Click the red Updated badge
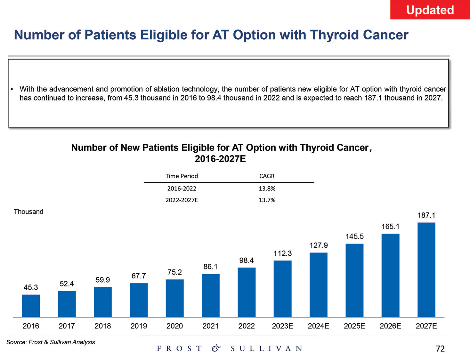[430, 10]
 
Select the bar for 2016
[31, 306]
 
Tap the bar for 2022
[247, 292]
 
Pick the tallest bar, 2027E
[426, 270]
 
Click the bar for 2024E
[319, 285]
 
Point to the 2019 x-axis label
[139, 326]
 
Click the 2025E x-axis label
[354, 326]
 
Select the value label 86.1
[210, 267]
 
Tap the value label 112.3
[282, 253]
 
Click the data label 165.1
[390, 227]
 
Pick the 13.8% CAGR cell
[267, 188]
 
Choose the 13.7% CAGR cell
[267, 200]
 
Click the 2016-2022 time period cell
[182, 188]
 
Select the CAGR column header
[267, 176]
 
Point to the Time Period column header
[182, 176]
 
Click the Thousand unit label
[28, 212]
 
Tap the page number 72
[440, 349]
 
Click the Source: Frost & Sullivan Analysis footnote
[51, 342]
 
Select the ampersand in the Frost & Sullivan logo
[216, 348]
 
